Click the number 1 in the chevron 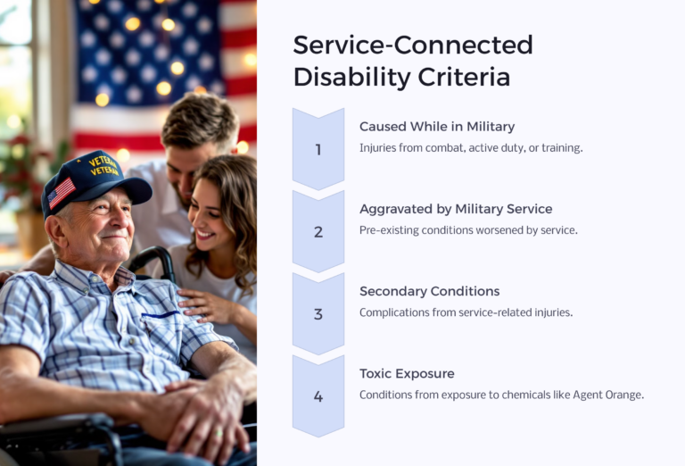[x=318, y=149]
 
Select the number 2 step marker [x=318, y=231]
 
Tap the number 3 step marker [x=318, y=314]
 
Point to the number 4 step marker [x=318, y=396]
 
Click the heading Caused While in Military [x=437, y=127]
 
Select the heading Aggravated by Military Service [x=456, y=209]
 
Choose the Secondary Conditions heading [x=429, y=291]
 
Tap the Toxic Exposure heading [x=407, y=373]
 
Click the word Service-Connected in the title [x=413, y=45]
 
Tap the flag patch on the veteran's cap [x=62, y=192]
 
